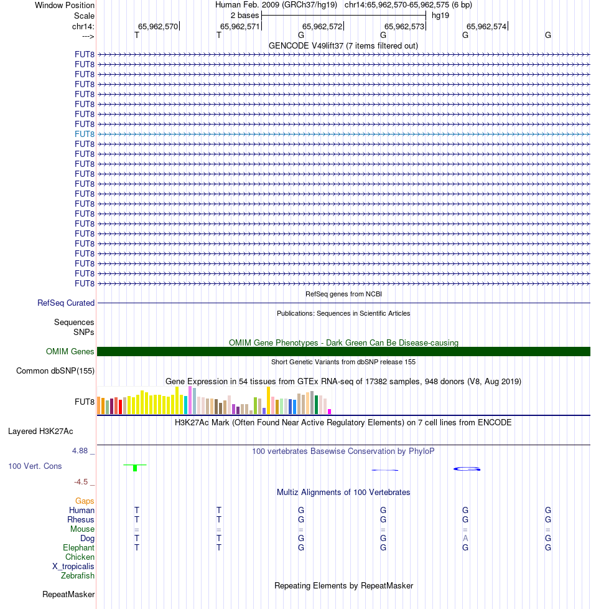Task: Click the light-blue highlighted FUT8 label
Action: [x=85, y=134]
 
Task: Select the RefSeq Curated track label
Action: [x=66, y=303]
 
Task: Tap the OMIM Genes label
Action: [x=70, y=352]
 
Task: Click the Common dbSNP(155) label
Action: [x=55, y=371]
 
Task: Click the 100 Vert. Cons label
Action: [x=35, y=466]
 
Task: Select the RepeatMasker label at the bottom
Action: [x=68, y=595]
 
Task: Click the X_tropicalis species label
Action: [x=73, y=567]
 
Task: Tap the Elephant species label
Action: [x=79, y=548]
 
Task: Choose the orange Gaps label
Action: [x=85, y=501]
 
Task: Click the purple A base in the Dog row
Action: [x=465, y=538]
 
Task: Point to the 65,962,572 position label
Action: [x=322, y=27]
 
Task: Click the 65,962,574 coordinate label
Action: [x=486, y=27]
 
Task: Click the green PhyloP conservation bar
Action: [x=135, y=468]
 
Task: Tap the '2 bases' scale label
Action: [x=244, y=15]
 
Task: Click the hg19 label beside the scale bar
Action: [x=440, y=15]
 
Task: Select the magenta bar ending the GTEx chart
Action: [x=330, y=411]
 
